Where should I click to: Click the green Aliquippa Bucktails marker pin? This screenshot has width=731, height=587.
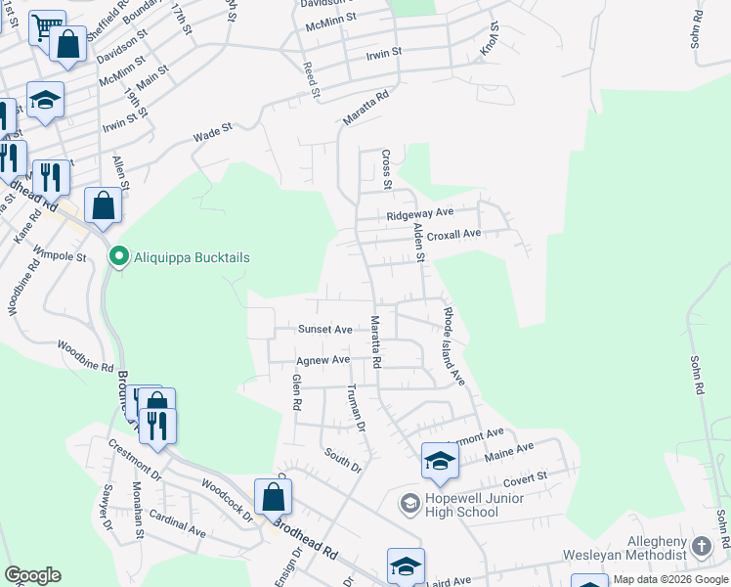coord(118,257)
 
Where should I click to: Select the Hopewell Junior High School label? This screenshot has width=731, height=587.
coord(461,505)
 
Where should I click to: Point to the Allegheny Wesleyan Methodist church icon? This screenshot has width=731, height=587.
coord(701,547)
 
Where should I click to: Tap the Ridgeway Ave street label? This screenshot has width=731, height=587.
coord(420,212)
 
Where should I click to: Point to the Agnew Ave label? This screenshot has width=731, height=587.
coord(322,360)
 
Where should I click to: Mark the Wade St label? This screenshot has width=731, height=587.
coord(212,129)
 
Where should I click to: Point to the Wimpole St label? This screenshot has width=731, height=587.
coord(61,255)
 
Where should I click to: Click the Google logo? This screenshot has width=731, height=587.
coord(32,575)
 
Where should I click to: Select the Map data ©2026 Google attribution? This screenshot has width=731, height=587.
coord(670,579)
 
